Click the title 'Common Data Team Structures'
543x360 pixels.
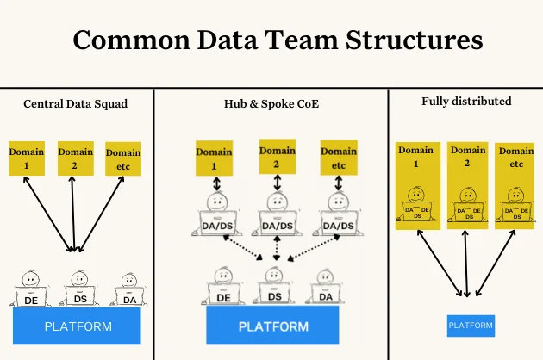coord(277,41)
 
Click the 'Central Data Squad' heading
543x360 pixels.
coord(76,105)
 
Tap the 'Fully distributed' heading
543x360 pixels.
coord(466,101)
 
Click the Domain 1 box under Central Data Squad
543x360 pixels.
coord(26,158)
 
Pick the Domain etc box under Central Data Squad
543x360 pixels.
coord(122,158)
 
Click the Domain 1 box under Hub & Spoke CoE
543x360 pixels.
coord(214,158)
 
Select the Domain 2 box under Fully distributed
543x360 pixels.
coord(466,185)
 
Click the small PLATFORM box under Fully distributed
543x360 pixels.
coord(471,326)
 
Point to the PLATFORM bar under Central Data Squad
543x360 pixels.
coord(78,326)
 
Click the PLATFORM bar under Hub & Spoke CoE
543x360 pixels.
coord(272,326)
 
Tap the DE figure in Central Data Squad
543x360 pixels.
coord(30,291)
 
